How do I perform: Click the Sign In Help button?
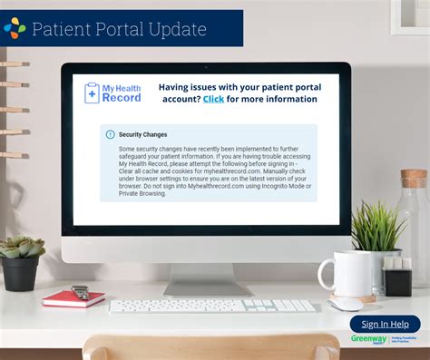385,324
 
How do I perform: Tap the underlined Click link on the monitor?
213,99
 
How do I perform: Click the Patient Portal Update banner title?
119,29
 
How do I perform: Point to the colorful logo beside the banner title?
15,28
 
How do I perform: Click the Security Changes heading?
142,134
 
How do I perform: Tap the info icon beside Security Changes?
111,134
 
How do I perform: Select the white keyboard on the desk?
212,306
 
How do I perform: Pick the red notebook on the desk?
73,297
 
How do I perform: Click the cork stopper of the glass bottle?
414,178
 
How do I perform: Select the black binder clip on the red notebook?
80,292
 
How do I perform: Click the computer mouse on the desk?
346,305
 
